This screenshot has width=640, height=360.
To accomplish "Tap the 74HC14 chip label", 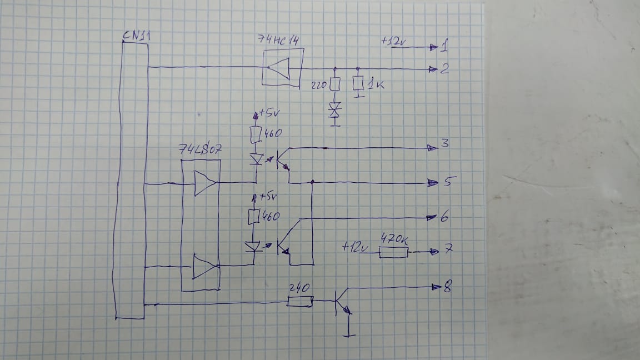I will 282,39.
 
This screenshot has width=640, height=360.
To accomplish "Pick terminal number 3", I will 444,144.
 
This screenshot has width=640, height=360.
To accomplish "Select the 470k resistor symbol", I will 393,252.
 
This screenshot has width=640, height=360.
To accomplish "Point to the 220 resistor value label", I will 320,85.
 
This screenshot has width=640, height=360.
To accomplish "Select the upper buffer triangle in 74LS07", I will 204,182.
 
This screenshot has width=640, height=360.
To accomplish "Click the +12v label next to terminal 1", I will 393,42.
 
